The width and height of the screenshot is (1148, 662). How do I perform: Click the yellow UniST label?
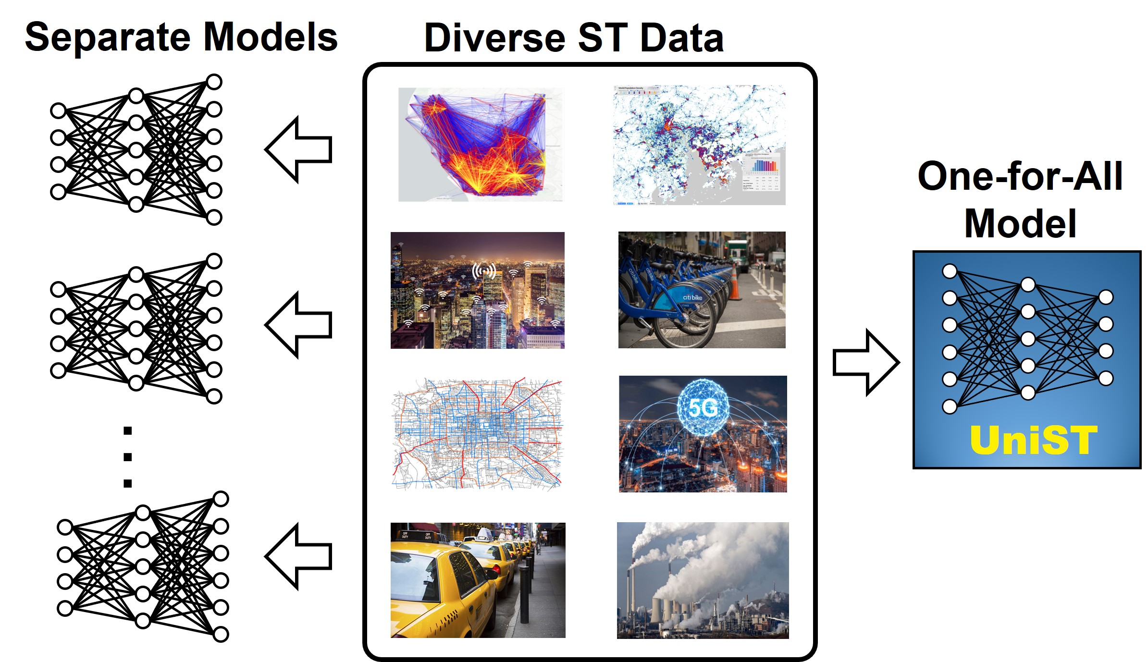(1034, 440)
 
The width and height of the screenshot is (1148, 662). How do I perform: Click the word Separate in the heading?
(109, 37)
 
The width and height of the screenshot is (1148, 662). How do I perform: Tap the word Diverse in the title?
(494, 38)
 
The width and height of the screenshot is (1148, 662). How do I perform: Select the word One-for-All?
(1020, 176)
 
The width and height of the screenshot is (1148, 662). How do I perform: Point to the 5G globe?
(703, 407)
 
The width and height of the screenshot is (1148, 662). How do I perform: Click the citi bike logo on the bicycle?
(692, 297)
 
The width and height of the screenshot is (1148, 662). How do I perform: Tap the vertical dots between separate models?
(127, 457)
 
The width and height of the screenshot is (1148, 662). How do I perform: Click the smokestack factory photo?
(703, 580)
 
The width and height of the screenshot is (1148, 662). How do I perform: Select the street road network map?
(477, 434)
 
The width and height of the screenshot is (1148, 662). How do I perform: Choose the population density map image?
(699, 145)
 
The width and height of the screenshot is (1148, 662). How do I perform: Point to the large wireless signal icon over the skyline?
(484, 271)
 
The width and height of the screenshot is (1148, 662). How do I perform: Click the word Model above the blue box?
(1020, 223)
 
